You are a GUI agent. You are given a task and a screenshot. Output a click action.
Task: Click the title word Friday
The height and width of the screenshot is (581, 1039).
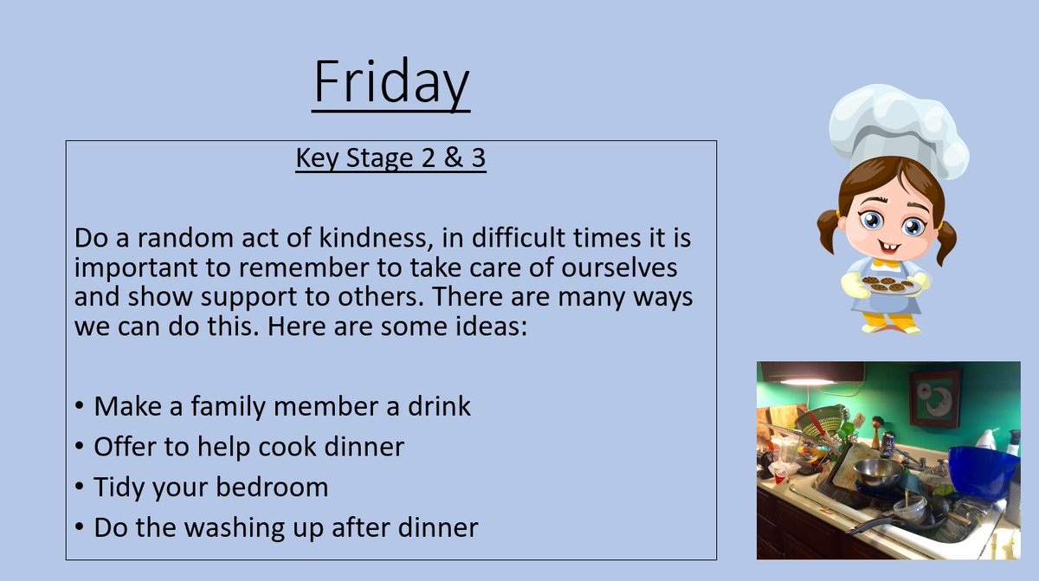pyautogui.click(x=390, y=84)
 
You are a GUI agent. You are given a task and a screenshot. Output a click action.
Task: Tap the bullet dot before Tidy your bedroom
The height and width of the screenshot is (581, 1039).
pyautogui.click(x=80, y=487)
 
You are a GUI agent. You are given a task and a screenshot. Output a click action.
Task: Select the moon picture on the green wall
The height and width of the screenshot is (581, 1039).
pyautogui.click(x=935, y=397)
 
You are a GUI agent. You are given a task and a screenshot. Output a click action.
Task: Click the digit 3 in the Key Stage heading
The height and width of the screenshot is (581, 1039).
pyautogui.click(x=476, y=159)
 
